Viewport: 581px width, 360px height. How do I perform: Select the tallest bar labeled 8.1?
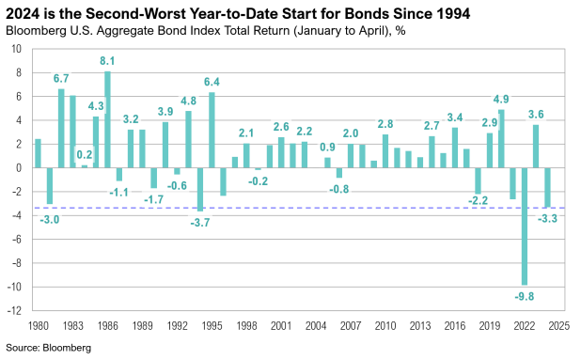[107, 119]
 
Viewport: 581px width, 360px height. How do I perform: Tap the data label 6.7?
[61, 79]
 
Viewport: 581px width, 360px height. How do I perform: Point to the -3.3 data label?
[545, 218]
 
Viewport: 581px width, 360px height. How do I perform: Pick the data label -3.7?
[201, 222]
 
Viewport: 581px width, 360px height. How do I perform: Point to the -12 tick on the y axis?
[17, 310]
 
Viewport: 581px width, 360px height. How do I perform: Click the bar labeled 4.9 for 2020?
[502, 139]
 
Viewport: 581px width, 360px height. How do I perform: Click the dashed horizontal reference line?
[282, 208]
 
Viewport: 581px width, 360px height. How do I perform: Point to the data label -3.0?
[50, 218]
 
